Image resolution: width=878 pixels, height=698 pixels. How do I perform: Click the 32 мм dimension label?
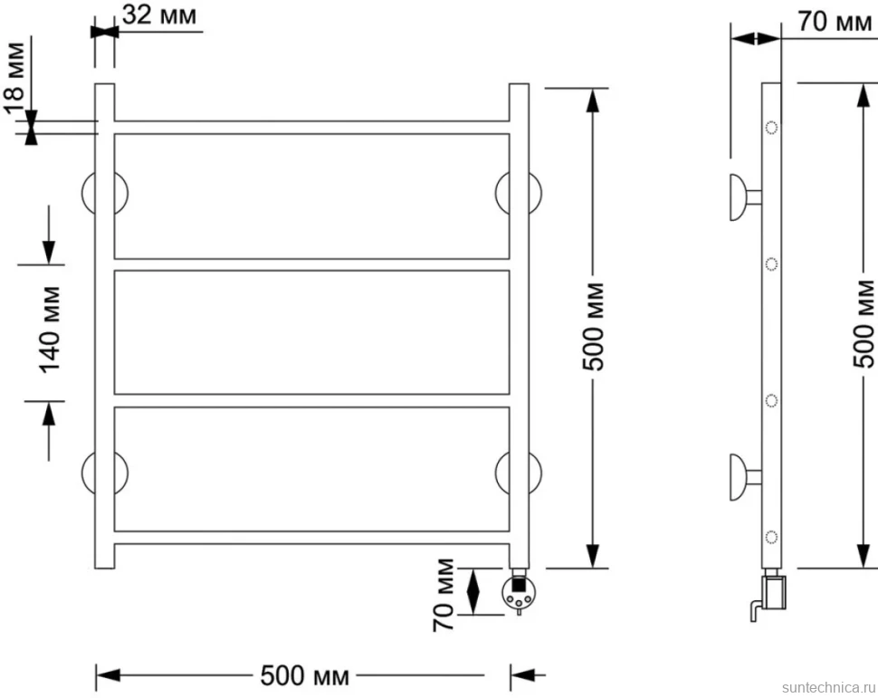coord(159,15)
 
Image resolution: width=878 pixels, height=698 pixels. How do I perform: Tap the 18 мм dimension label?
coord(14,78)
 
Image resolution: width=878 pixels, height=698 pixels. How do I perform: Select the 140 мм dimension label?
coord(49,330)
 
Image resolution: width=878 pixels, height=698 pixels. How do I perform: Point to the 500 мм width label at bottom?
coord(305,675)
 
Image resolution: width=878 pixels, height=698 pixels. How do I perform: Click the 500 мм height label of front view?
coord(594,327)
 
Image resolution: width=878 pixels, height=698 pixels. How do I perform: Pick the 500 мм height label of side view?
coord(865,324)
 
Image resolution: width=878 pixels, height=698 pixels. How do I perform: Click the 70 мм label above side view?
coord(835,22)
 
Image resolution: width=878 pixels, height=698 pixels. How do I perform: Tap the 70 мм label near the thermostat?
coord(444,595)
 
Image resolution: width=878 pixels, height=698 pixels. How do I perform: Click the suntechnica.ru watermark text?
coord(829,687)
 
